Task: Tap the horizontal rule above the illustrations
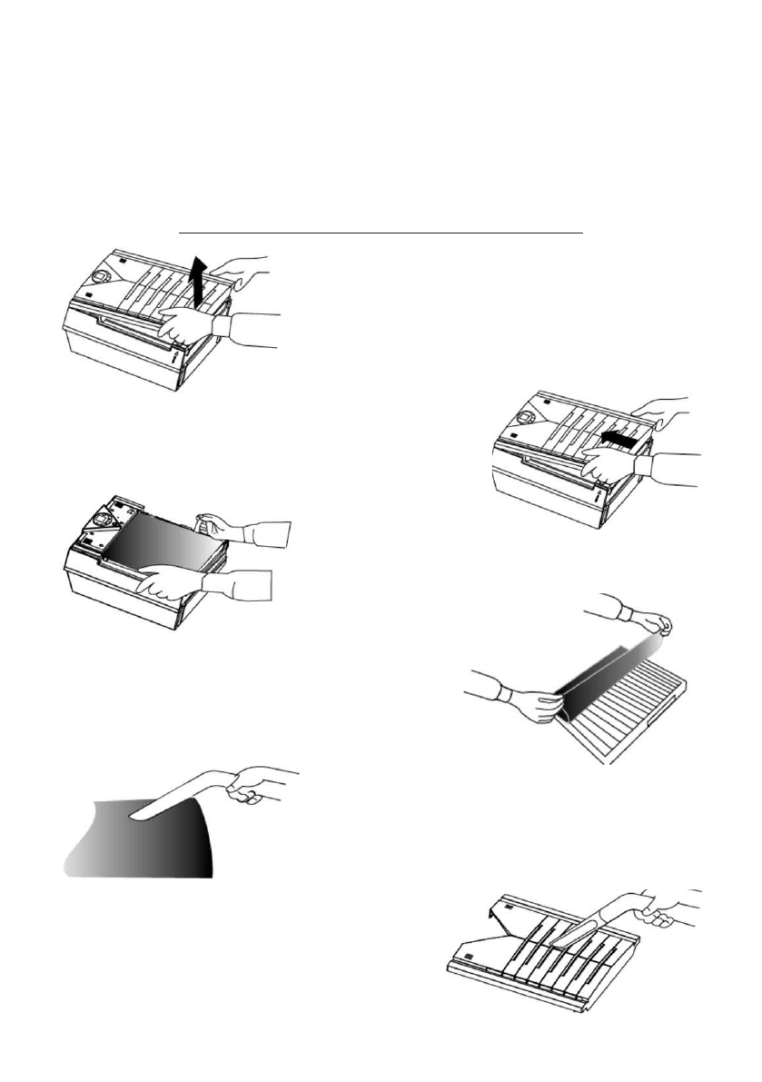380,233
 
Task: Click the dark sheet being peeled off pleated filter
590,668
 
